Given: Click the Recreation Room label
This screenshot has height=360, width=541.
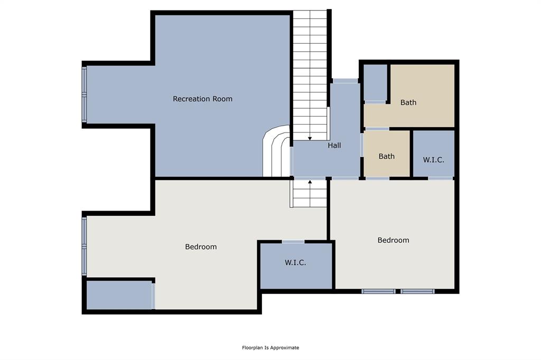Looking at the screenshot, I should pos(202,99).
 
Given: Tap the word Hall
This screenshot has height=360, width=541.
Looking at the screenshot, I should pos(334,145).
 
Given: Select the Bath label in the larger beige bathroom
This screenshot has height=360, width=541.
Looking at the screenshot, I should pos(408,102).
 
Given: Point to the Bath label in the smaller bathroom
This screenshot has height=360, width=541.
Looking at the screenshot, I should pos(386,156).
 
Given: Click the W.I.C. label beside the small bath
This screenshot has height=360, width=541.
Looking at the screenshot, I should pos(433,159).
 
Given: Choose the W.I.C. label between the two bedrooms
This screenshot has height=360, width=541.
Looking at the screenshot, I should pos(295,262).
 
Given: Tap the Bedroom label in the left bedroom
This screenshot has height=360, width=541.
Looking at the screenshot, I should pos(201,247).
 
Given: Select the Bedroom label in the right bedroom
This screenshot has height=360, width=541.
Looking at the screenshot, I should pos(393,240).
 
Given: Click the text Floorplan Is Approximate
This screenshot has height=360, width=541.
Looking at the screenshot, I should pos(270,348).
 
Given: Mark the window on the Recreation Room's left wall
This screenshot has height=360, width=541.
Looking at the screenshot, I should pos(84,94).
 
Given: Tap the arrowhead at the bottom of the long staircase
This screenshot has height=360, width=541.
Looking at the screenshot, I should pos(310,138).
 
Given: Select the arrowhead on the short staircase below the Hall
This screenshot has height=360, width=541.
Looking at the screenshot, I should pos(310,182).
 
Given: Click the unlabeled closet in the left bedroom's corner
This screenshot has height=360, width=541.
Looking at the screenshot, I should pos(119,295).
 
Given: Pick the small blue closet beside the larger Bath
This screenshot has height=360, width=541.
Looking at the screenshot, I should pos(376,82).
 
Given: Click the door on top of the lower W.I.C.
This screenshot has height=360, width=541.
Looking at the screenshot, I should pos(293,242).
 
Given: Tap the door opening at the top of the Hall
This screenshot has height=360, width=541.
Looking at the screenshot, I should pos(345,81).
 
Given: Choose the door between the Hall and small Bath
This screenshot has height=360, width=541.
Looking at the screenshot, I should pos(362,145).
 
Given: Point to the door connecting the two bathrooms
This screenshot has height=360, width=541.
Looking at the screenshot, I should pos(377,129).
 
